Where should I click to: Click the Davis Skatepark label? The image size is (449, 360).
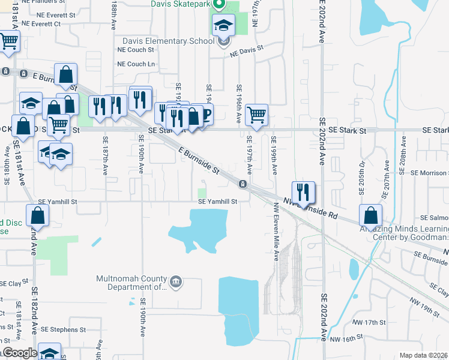pyautogui.click(x=181, y=4)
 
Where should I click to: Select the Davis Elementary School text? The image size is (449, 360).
pyautogui.click(x=168, y=41)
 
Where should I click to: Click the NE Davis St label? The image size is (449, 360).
pyautogui.click(x=247, y=50)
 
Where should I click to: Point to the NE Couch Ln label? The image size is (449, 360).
pyautogui.click(x=136, y=64)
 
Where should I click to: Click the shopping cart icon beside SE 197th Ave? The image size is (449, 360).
pyautogui.click(x=256, y=114)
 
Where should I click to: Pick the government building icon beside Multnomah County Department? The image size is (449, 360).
pyautogui.click(x=176, y=281)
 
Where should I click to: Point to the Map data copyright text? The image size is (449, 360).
pyautogui.click(x=423, y=355)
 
